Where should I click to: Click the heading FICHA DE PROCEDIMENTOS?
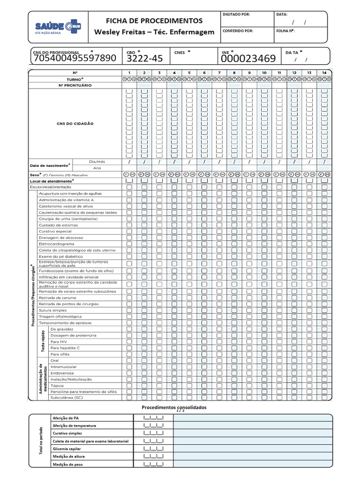[x=154, y=21]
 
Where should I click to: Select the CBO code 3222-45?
[x=145, y=59]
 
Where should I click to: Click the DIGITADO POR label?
[x=237, y=15]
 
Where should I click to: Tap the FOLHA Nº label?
[x=285, y=31]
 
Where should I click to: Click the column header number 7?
[x=219, y=73]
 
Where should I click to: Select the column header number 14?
[x=324, y=73]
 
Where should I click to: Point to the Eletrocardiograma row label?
[x=56, y=244]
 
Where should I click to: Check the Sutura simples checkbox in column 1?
[x=129, y=310]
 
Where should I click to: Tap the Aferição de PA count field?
[x=153, y=418]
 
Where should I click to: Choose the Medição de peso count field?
[x=153, y=464]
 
